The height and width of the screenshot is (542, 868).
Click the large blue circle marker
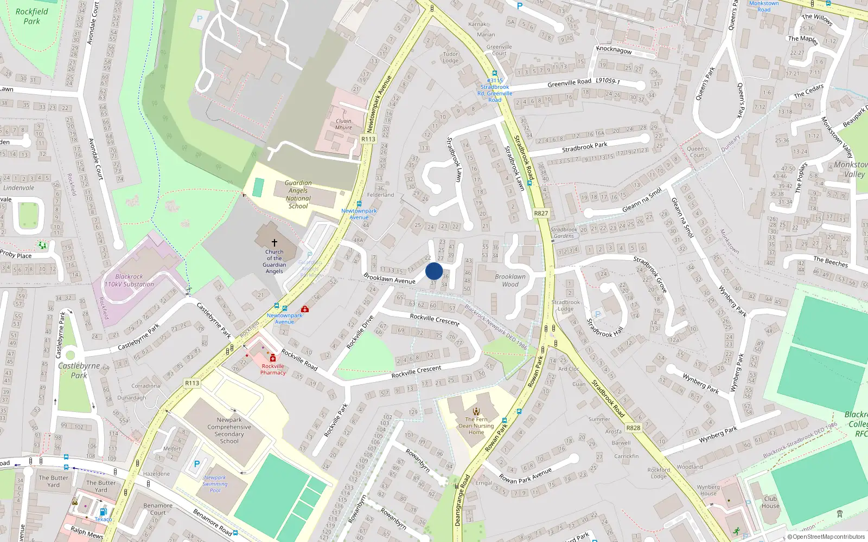[x=434, y=271]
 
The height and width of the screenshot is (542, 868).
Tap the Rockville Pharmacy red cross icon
[x=273, y=358]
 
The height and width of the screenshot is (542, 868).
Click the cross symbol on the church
[x=275, y=243]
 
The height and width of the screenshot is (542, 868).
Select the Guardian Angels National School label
[x=298, y=195]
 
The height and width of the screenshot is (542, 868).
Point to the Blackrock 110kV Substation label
[x=129, y=280]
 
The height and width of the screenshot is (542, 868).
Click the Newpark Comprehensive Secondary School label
[x=229, y=430]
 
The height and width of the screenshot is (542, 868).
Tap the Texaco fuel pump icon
[x=103, y=512]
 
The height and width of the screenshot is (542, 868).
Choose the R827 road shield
[x=541, y=213]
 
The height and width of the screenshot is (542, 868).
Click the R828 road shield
[x=633, y=428]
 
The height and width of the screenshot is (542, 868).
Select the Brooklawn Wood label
[x=510, y=280]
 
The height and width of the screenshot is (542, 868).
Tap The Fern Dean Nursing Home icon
[x=476, y=411]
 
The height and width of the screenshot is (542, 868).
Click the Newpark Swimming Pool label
[x=215, y=484]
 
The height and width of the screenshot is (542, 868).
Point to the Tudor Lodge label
[x=450, y=57]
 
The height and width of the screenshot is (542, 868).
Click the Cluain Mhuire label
[x=343, y=124]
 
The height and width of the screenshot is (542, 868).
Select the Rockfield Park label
[x=31, y=16]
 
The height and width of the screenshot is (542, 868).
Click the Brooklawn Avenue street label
[x=390, y=279]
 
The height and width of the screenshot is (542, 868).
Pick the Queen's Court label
[x=697, y=152]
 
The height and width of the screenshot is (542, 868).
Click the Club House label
[x=770, y=502]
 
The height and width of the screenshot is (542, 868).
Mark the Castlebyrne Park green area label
[x=79, y=370]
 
